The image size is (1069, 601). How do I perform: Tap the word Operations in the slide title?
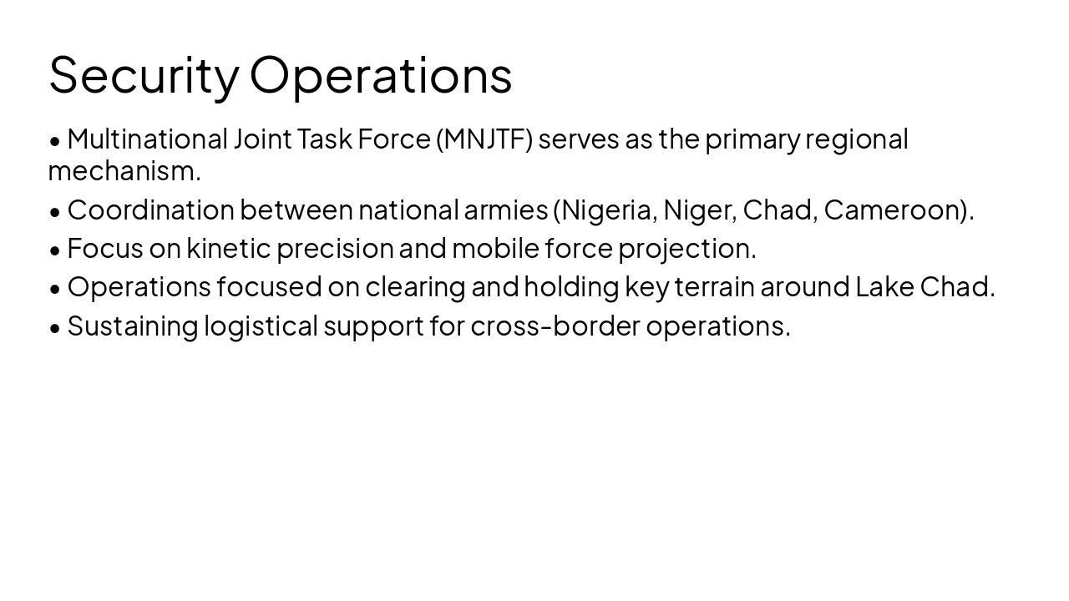(381, 75)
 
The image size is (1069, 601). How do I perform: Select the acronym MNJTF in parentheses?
(484, 139)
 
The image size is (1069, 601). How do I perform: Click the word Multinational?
(147, 139)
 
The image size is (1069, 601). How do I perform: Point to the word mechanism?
(122, 170)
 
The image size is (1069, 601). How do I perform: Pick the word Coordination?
(150, 210)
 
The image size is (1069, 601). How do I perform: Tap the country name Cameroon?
(894, 210)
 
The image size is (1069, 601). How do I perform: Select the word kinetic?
(229, 248)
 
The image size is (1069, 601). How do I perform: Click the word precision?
(335, 248)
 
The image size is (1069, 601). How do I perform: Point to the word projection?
(684, 248)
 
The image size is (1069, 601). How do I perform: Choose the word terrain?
(715, 286)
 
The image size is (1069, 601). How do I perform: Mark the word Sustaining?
(133, 326)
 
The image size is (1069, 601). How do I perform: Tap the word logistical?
(261, 326)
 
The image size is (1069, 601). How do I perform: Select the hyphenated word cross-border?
(555, 326)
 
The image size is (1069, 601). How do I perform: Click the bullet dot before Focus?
(55, 250)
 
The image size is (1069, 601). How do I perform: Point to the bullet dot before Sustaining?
(55, 327)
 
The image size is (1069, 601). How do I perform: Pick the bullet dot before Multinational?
(55, 140)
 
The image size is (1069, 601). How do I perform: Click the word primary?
(752, 139)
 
